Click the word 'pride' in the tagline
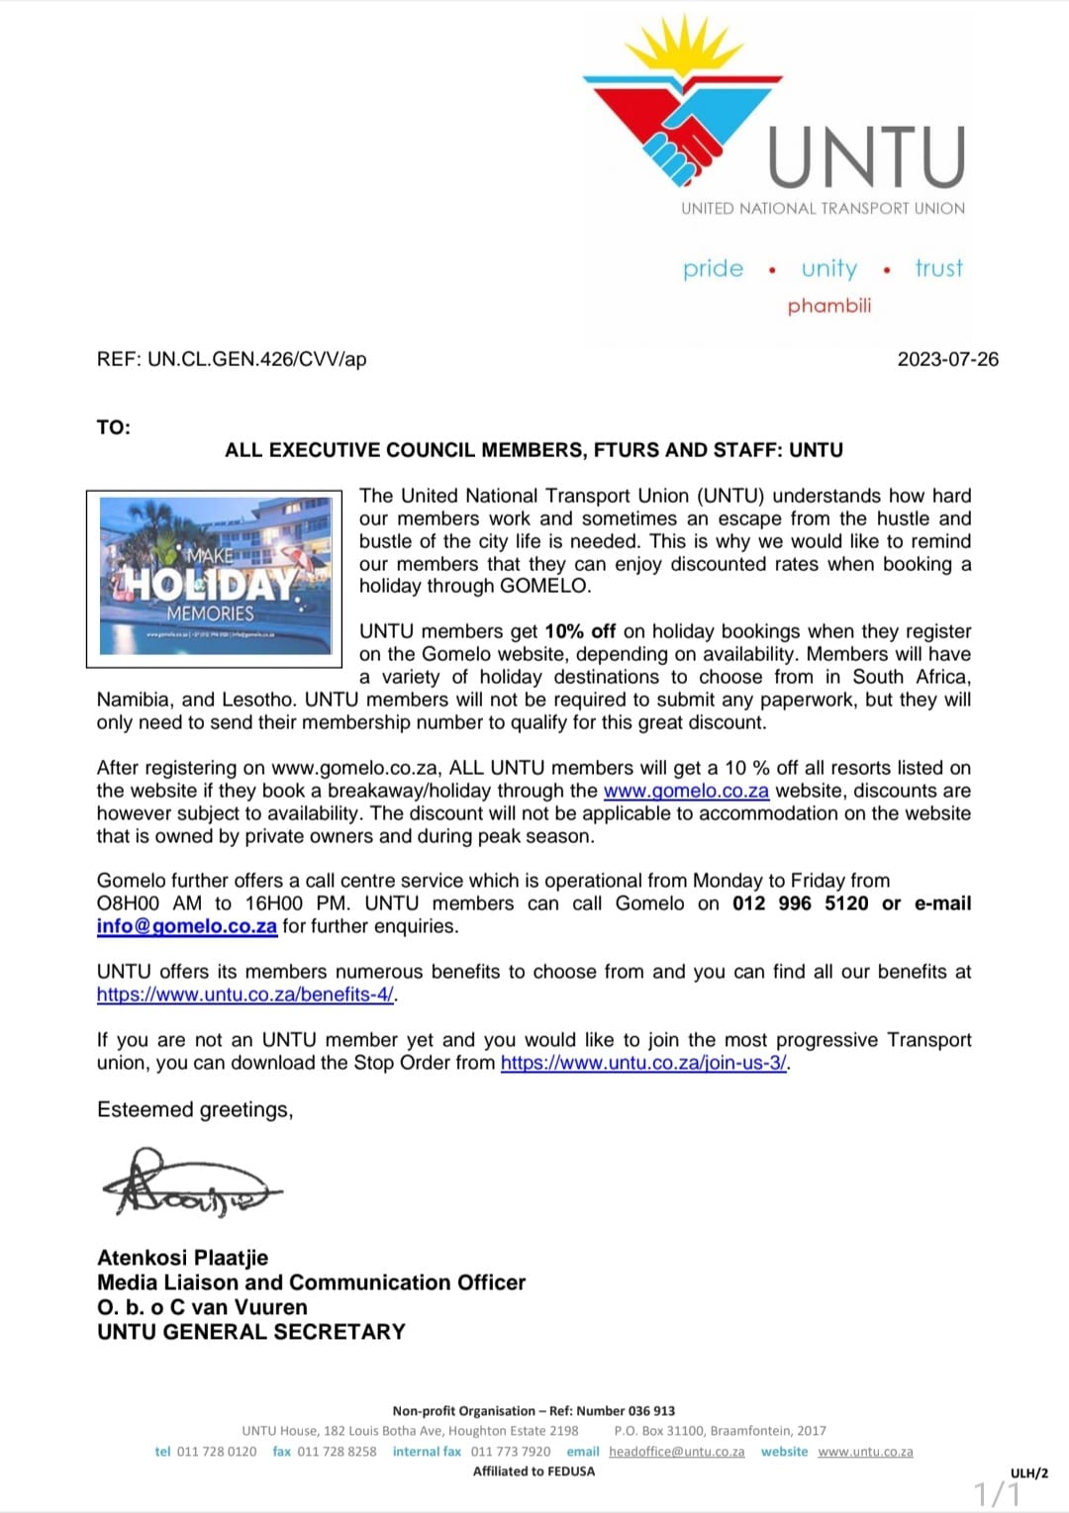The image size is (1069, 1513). click(x=713, y=268)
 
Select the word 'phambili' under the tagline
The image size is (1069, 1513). click(x=829, y=306)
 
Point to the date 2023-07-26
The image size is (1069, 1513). click(x=947, y=359)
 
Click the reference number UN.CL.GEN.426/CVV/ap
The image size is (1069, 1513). click(x=257, y=359)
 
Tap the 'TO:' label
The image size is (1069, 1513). click(x=114, y=427)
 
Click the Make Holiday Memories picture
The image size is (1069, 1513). click(x=216, y=575)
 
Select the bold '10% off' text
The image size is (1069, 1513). click(x=580, y=631)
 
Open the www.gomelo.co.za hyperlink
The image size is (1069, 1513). click(x=686, y=791)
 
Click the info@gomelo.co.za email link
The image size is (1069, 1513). click(x=186, y=926)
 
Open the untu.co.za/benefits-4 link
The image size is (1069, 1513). click(x=245, y=994)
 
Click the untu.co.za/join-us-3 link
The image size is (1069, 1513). click(x=643, y=1063)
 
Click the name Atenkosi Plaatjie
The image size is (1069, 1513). click(x=183, y=1258)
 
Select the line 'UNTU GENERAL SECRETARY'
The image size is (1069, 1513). click(x=251, y=1332)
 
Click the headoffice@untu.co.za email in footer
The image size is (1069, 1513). click(x=676, y=1452)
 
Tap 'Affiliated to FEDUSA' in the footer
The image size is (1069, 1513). click(x=534, y=1471)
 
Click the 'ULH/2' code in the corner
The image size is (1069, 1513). click(x=1028, y=1473)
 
